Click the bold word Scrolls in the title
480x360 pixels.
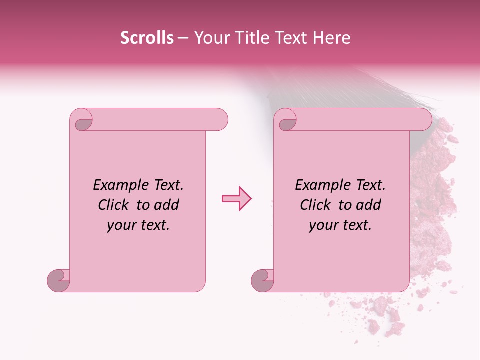click(x=147, y=38)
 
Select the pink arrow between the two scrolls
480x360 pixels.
click(x=237, y=199)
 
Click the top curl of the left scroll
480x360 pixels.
click(x=83, y=122)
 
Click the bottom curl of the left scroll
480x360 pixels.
click(x=58, y=280)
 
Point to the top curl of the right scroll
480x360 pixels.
click(x=287, y=122)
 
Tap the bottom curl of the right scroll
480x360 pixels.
click(x=262, y=280)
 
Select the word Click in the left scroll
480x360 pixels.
click(x=114, y=205)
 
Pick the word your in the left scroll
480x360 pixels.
click(x=119, y=226)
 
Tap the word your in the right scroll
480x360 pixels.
click(x=321, y=226)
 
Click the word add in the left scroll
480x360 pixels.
click(x=167, y=205)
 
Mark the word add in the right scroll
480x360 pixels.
click(x=369, y=205)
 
